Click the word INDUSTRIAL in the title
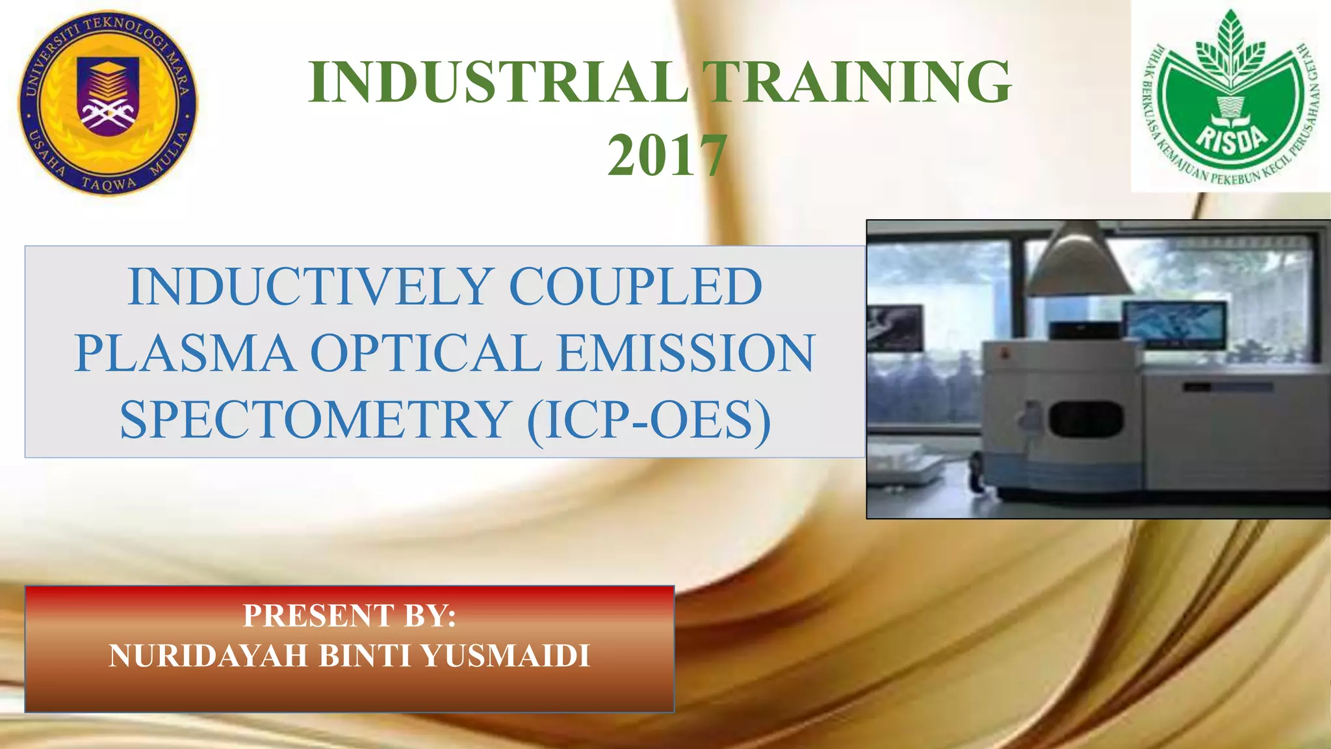click(497, 83)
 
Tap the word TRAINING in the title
click(858, 83)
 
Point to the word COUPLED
click(635, 287)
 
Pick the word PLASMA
click(184, 353)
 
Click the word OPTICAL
click(426, 353)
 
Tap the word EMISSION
click(686, 353)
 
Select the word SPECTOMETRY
click(315, 420)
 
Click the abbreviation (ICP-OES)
click(649, 420)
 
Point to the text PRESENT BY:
click(350, 615)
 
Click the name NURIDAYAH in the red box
click(208, 655)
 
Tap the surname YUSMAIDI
click(506, 655)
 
